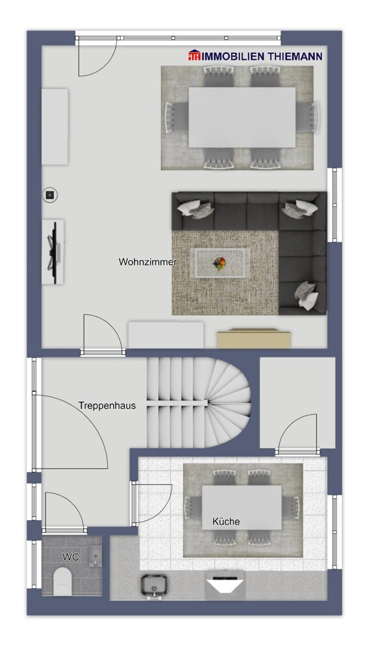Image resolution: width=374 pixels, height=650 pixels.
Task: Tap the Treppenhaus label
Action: coord(107,406)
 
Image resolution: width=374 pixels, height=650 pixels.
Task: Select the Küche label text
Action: coord(226,521)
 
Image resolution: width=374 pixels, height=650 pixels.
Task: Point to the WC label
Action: coord(70,556)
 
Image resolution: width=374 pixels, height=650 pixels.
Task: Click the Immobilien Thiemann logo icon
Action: coord(195,56)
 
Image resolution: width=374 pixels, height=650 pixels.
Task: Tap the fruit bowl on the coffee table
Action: coord(220,263)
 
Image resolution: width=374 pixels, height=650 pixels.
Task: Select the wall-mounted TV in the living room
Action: coord(54,250)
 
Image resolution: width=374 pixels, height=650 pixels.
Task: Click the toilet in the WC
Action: coord(63,580)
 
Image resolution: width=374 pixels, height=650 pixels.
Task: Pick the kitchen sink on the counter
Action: coord(154,584)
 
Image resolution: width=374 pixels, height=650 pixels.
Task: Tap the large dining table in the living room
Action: coord(242,117)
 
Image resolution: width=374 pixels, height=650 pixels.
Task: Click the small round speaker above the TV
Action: coord(50,193)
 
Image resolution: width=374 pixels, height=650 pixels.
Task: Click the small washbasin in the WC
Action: coord(95,554)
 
